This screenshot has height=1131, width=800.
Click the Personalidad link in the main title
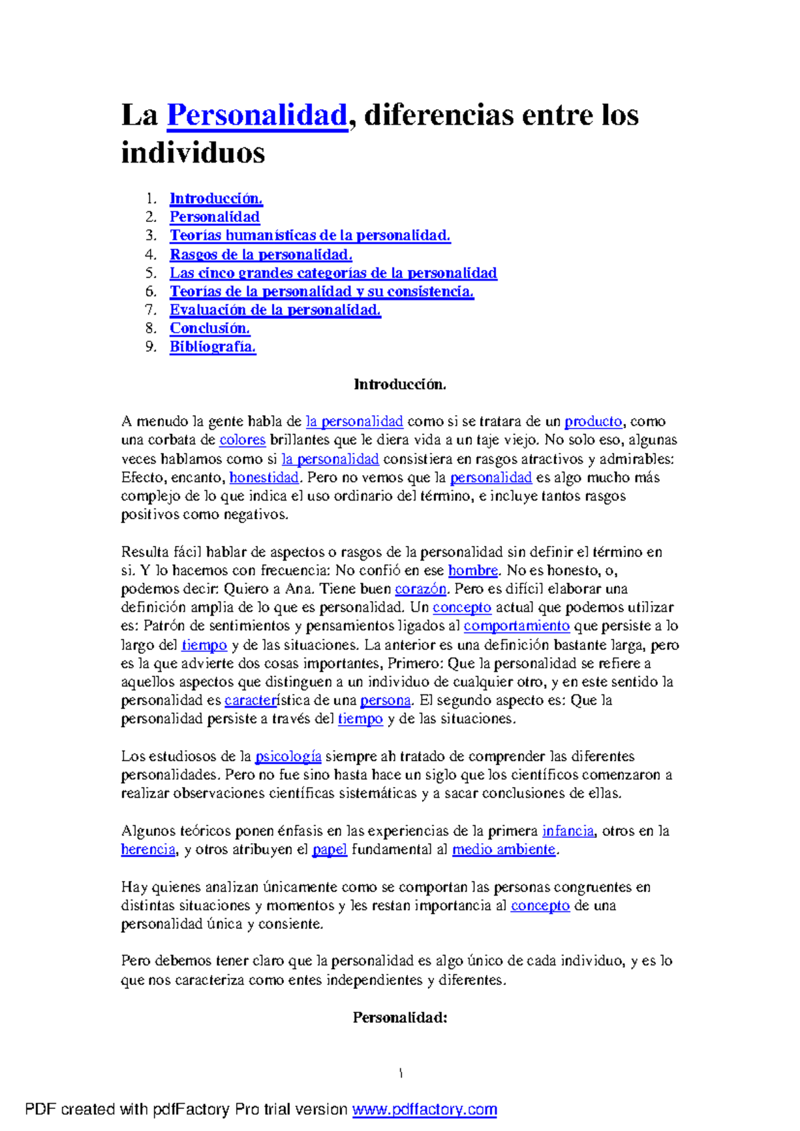click(x=257, y=115)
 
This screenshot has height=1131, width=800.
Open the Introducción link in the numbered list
click(x=216, y=199)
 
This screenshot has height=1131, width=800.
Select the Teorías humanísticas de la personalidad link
click(x=310, y=235)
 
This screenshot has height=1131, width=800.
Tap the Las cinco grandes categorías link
click(x=333, y=273)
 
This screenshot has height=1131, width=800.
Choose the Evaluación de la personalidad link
click(x=275, y=310)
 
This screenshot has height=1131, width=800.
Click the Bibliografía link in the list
click(x=213, y=347)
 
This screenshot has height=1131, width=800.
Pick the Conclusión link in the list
click(x=209, y=328)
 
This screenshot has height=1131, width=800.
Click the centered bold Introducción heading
click(x=399, y=385)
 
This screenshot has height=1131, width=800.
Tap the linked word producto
click(x=593, y=422)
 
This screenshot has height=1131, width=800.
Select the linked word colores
click(x=243, y=440)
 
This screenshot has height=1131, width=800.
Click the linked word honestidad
click(x=264, y=477)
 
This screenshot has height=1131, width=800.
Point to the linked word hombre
click(x=473, y=570)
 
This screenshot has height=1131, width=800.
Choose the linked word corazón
click(x=421, y=589)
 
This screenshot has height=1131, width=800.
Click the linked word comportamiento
click(x=517, y=626)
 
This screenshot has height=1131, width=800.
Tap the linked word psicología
click(x=289, y=756)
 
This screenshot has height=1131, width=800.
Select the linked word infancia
click(x=567, y=831)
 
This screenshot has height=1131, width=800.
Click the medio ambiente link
click(x=503, y=850)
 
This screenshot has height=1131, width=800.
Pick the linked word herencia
click(x=148, y=850)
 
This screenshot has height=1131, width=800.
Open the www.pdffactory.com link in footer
click(x=425, y=1110)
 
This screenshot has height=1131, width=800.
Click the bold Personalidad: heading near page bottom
click(x=399, y=1018)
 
